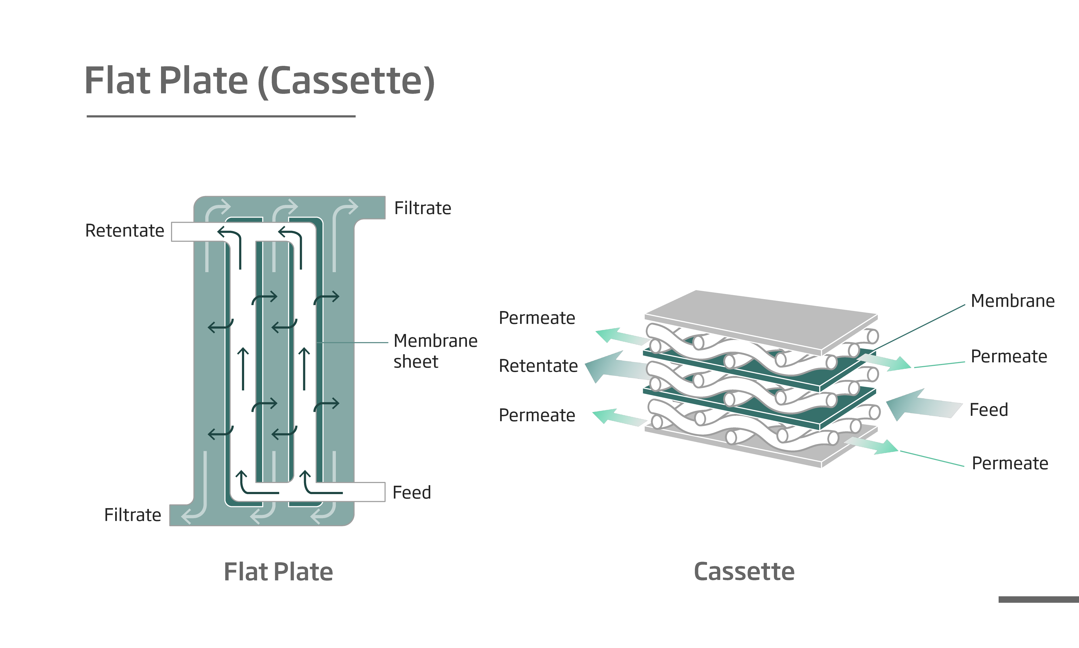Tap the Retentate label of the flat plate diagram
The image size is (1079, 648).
point(125,231)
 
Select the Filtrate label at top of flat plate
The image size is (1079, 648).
point(422,208)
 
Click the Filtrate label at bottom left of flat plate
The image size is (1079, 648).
point(133,515)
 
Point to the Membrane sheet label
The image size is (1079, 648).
point(435,351)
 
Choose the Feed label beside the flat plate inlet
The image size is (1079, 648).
point(411,492)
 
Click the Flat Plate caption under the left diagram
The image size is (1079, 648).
point(278,572)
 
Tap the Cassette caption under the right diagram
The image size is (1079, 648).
point(744,572)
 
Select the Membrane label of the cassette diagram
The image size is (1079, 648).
point(1012,301)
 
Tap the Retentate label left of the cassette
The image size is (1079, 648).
point(538,366)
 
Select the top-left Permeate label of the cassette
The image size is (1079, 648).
point(537,318)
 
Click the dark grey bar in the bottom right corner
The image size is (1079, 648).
point(1038,599)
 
